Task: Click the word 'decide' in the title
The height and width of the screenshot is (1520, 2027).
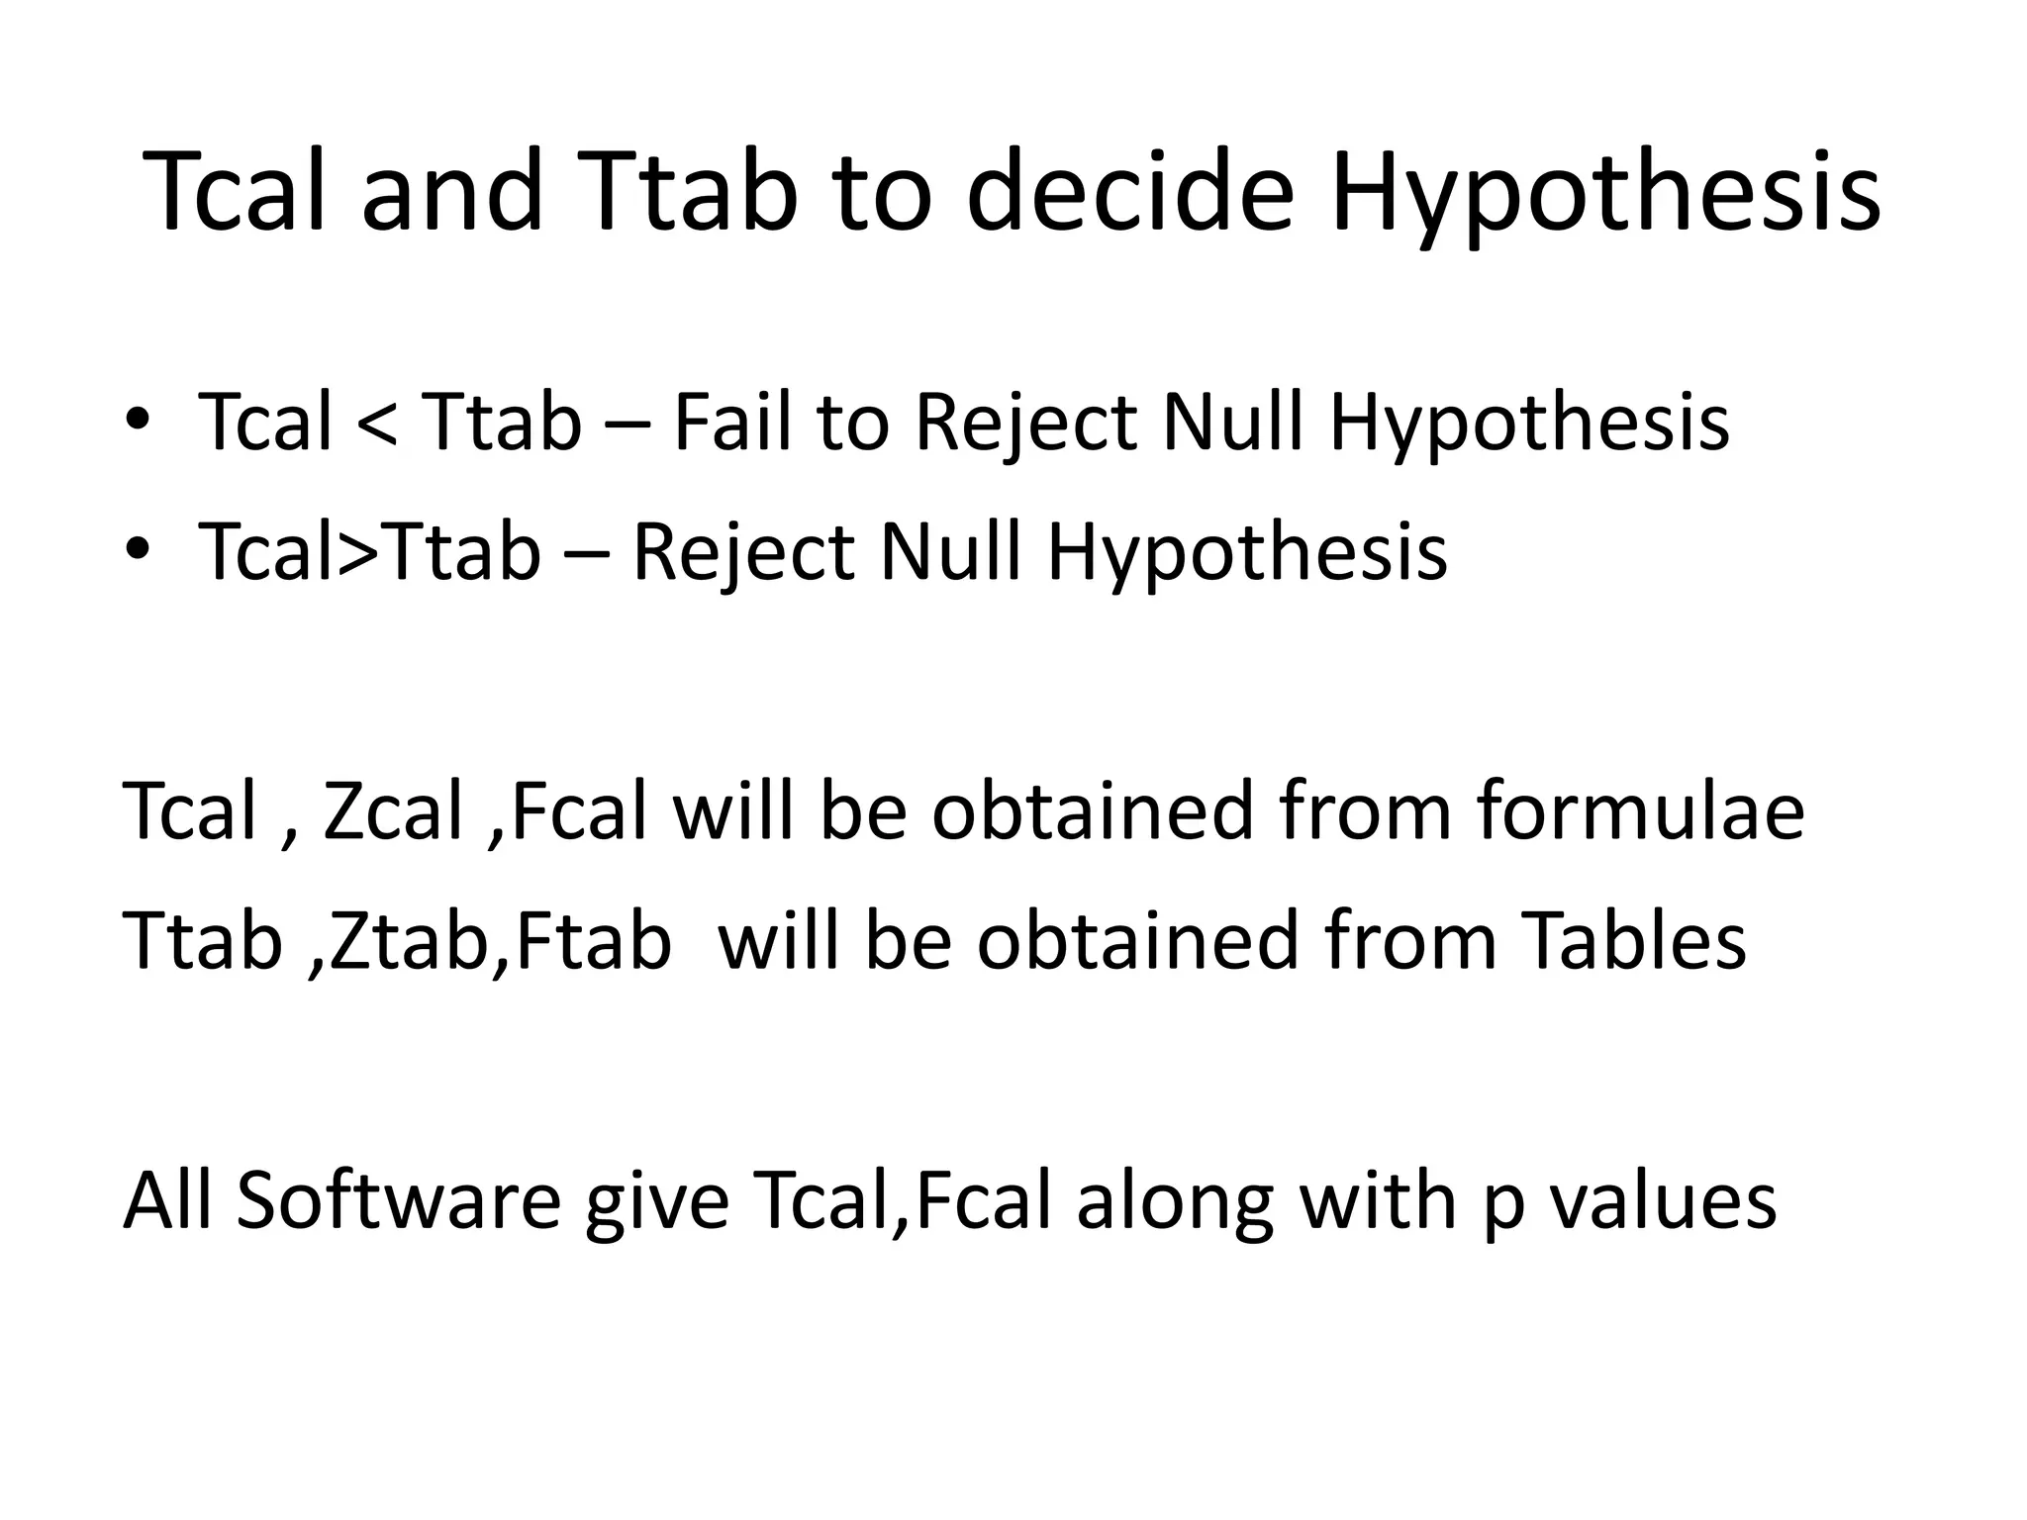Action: pos(1128,193)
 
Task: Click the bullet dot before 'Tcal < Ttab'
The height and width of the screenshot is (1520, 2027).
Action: pos(138,420)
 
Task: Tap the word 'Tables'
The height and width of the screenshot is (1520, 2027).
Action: pos(1633,940)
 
